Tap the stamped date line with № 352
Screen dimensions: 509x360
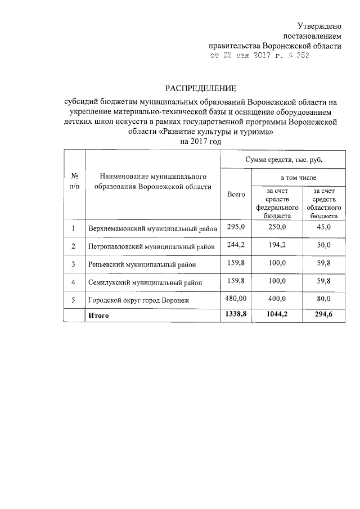(x=256, y=56)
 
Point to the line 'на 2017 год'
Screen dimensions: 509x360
(x=201, y=142)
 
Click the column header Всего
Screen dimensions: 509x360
(x=236, y=194)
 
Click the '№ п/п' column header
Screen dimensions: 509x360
(x=73, y=180)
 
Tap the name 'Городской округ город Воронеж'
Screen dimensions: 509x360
(x=139, y=301)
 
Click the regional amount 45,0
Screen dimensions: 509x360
(x=324, y=227)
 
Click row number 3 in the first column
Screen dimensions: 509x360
(x=73, y=264)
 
